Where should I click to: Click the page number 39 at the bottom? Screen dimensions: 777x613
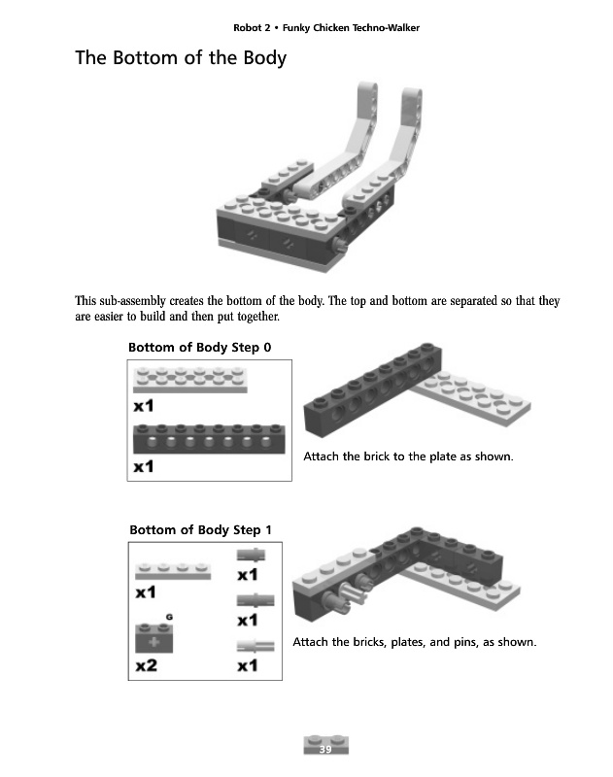click(325, 749)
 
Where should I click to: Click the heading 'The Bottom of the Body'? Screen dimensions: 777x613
click(181, 58)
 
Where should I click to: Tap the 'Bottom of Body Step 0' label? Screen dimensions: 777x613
click(200, 348)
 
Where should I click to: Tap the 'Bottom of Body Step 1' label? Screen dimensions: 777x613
click(201, 530)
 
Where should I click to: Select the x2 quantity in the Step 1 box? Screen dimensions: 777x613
click(147, 665)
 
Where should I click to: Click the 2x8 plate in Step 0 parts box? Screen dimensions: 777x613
click(190, 379)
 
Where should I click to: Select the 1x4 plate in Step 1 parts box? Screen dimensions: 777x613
click(173, 570)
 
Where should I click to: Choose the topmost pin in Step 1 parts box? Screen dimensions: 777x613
click(250, 557)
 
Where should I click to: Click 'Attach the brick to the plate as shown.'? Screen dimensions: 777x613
click(408, 456)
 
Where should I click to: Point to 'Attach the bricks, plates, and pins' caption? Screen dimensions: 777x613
click(415, 642)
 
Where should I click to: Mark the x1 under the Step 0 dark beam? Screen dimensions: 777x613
click(145, 467)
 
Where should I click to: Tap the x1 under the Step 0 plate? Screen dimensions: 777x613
click(145, 406)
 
